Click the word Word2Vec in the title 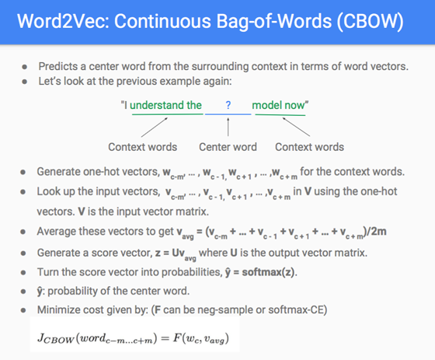(64, 21)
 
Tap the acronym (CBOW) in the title (370, 22)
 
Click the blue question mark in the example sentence (228, 105)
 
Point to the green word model (266, 105)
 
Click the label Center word (228, 147)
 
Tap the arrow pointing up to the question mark (228, 127)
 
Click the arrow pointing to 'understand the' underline (155, 128)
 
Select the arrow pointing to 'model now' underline (296, 127)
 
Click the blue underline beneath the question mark (228, 114)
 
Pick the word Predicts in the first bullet (58, 66)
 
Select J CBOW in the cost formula (56, 338)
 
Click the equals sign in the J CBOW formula (165, 338)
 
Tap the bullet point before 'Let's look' (25, 82)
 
